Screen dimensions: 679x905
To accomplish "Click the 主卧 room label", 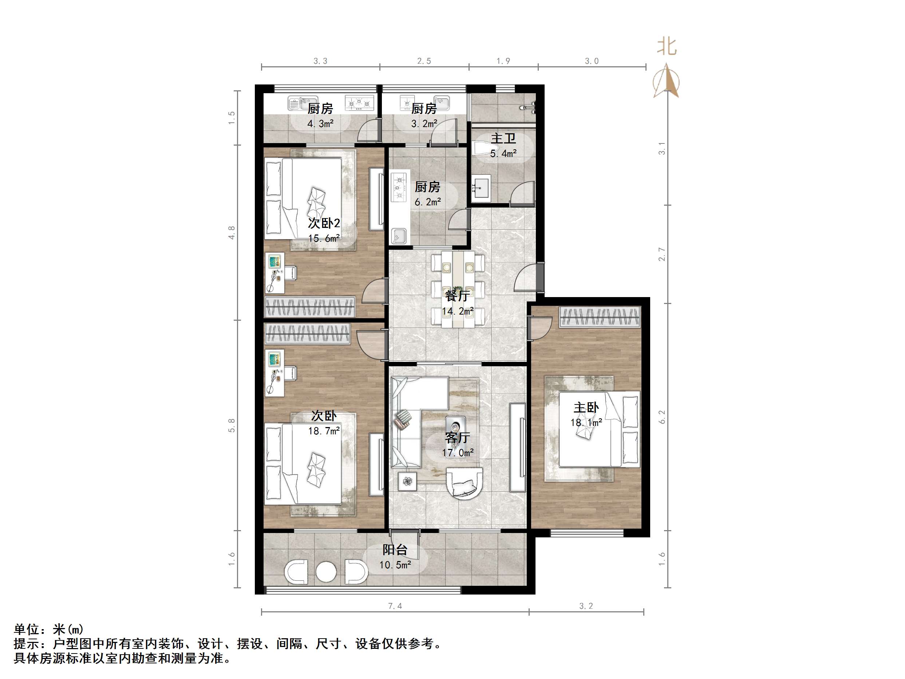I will coord(586,408).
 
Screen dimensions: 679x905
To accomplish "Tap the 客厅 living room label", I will coord(457,438).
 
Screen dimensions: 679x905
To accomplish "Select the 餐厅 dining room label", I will coord(457,296).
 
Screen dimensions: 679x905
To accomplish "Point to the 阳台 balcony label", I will coord(395,550).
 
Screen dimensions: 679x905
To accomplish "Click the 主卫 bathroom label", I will coord(503,138).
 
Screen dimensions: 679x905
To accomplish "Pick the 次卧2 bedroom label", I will coord(324,223).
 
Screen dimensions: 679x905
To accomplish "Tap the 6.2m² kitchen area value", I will coord(427,202).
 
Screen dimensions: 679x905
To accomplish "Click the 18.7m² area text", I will coord(324,431).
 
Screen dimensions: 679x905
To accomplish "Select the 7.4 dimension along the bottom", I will coord(395,606).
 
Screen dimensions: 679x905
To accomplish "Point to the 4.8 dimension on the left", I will coord(232,233).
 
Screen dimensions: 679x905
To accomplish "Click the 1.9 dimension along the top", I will coord(503,61).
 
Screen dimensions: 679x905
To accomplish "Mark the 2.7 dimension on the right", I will coord(661,254).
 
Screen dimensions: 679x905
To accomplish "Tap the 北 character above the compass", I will coord(667,47).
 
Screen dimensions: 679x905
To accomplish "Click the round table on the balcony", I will coord(326,571).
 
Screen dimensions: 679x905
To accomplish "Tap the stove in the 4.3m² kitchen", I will coord(360,103).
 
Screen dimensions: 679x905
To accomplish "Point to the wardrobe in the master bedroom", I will coord(599,317).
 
